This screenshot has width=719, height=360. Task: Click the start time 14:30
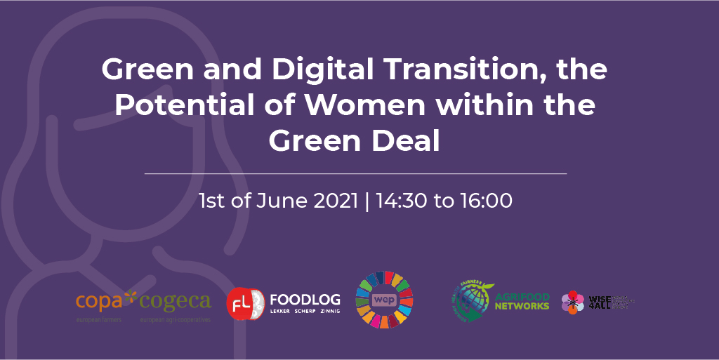(x=402, y=201)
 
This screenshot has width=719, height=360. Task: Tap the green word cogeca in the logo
(x=175, y=302)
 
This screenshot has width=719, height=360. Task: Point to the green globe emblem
(x=472, y=300)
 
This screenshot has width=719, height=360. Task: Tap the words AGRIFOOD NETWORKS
(x=522, y=301)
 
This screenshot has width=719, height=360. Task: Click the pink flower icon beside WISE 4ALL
(x=572, y=302)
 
